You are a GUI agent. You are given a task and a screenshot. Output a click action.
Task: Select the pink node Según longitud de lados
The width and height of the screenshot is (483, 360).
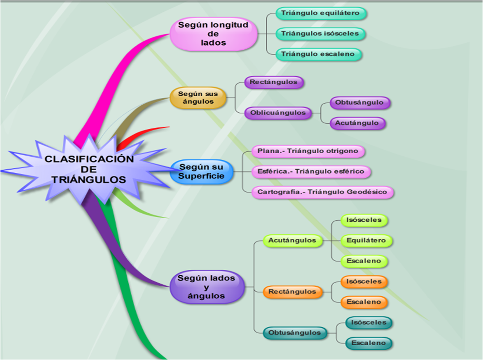(x=213, y=34)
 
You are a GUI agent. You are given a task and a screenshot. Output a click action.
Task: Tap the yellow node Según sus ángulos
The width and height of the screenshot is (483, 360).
(x=198, y=98)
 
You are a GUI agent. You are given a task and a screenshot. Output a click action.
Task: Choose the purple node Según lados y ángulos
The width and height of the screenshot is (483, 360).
(x=206, y=287)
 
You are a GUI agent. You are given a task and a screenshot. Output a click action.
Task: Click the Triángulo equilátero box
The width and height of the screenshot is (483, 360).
(x=320, y=13)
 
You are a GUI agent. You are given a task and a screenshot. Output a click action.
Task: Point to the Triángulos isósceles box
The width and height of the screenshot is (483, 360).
(x=320, y=33)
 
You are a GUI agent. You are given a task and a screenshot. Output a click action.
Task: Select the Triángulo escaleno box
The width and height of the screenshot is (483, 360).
(x=318, y=54)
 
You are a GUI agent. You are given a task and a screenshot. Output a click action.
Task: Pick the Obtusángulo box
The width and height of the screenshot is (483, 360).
(x=359, y=102)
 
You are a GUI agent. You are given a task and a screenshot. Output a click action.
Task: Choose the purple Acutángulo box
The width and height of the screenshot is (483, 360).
(x=357, y=123)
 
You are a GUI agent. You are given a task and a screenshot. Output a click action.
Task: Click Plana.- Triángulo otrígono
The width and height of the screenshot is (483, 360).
(x=308, y=151)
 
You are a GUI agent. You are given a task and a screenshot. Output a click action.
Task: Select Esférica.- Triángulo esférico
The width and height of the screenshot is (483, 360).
(x=308, y=171)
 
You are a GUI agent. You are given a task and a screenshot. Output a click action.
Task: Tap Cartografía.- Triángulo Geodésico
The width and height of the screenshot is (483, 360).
(x=322, y=192)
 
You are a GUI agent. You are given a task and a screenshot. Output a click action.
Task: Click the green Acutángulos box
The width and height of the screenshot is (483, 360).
(x=292, y=241)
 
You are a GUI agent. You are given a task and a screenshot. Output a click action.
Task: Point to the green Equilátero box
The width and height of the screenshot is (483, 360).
(x=366, y=241)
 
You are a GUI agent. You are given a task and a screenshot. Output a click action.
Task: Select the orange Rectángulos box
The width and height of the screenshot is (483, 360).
(x=292, y=292)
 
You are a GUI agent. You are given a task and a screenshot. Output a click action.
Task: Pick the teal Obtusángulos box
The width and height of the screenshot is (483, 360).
(x=295, y=333)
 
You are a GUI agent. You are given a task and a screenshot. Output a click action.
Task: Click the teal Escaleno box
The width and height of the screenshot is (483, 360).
(x=368, y=343)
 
